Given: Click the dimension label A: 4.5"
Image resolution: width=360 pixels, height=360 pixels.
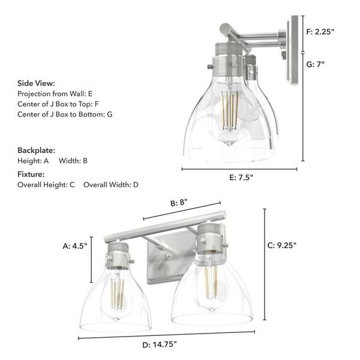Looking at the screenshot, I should coord(75,245).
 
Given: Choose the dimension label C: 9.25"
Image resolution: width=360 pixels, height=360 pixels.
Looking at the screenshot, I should coord(282,245).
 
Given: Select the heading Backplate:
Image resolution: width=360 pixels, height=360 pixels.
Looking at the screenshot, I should coord(37,150).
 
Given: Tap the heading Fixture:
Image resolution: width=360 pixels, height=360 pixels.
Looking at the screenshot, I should coord(32,174).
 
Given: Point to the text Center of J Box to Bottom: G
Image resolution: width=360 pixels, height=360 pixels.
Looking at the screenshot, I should coord(65,113).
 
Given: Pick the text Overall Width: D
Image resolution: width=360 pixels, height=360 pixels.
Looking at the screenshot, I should coord(111,184).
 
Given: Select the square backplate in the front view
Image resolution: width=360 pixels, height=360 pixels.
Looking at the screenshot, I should coord(171,258).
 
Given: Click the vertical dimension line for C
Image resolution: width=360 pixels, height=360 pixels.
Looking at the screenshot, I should coord(265,264).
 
